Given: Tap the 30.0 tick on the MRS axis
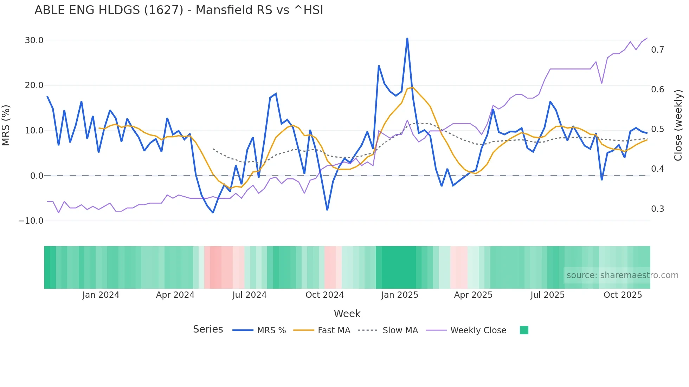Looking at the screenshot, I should coord(34,40).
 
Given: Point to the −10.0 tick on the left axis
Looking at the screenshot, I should coord(31,221).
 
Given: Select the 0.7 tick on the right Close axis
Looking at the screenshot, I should coord(657,50).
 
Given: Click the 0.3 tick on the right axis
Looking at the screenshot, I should coord(657,209).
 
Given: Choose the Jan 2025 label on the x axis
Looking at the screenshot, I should coord(400,295).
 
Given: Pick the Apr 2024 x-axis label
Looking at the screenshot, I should coord(175,295).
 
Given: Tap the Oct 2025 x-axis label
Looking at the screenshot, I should coord(623,295).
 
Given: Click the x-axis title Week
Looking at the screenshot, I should coord(347,314).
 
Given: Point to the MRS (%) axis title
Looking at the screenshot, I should coord(6,125).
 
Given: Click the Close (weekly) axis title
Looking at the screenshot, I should coord(678,125).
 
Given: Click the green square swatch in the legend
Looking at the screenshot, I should coord(524,330).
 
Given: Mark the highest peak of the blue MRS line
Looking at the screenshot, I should coord(407,38).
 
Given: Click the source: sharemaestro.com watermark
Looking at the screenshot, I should coord(622,275).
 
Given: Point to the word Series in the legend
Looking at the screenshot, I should coord(208,329).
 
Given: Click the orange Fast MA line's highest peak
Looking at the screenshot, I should coord(412,87).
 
